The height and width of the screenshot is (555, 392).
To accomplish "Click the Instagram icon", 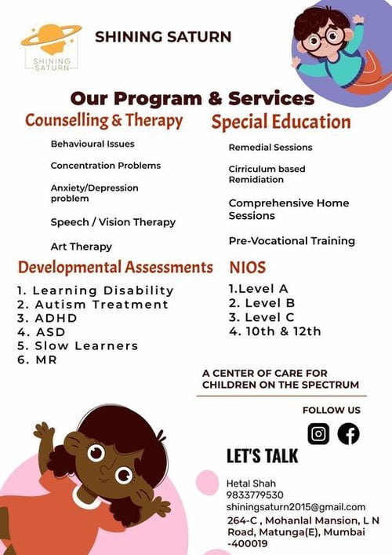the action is [318, 433].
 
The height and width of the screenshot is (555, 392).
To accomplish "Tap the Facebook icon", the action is [348, 433].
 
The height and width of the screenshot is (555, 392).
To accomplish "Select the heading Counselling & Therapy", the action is [103, 121].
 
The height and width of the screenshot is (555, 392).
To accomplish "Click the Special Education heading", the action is [280, 122].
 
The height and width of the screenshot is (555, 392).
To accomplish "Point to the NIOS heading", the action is [247, 266].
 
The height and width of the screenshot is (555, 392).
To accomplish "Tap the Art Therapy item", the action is [81, 246].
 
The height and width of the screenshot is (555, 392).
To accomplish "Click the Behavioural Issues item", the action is [92, 144].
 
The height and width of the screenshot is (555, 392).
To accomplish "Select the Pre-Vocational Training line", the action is [292, 241].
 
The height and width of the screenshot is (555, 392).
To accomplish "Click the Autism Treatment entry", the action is [93, 304].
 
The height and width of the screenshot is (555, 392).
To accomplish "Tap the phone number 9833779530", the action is [255, 495].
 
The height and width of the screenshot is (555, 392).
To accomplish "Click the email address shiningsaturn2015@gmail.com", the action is [296, 507].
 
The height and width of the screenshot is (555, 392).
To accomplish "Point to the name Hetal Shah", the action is [251, 482].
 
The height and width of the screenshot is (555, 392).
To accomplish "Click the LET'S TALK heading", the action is [263, 456].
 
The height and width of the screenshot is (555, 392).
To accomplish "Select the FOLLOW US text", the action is [331, 410].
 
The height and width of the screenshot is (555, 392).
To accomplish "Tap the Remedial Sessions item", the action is [270, 148].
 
